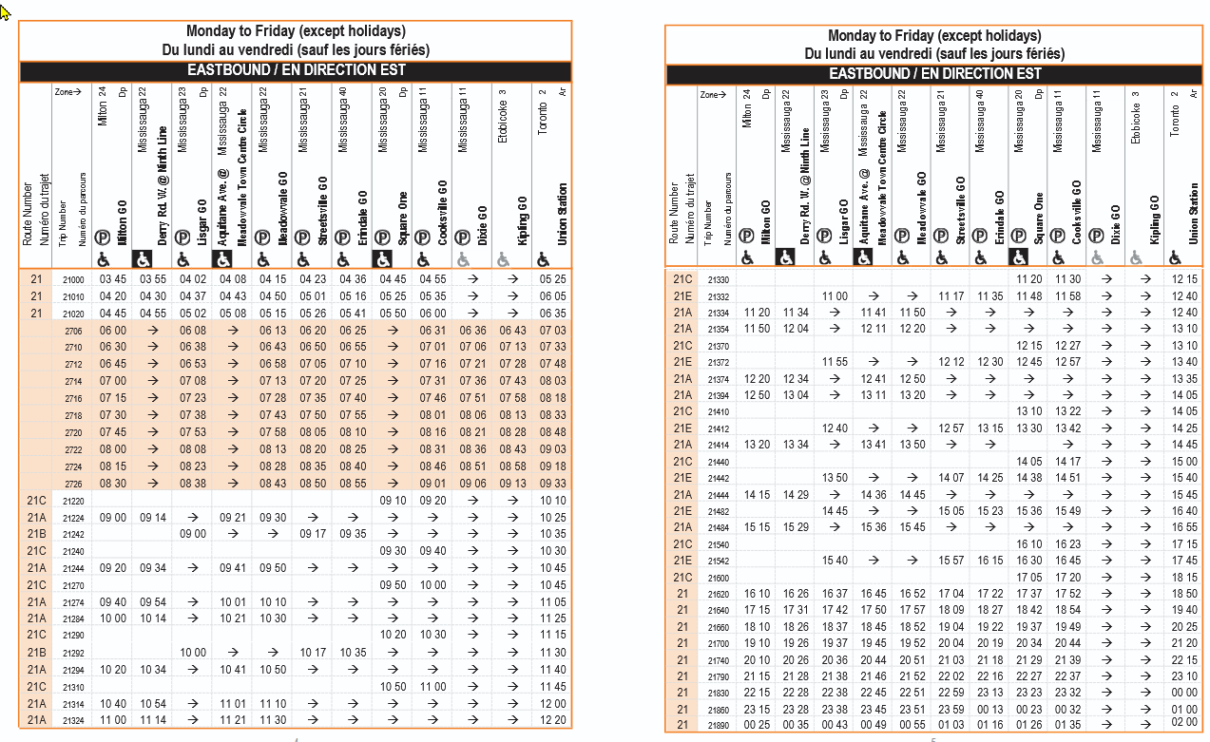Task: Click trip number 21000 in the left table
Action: [73, 279]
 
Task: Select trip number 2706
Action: [73, 330]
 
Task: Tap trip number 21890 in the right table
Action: [719, 725]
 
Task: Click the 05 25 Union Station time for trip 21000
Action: [552, 279]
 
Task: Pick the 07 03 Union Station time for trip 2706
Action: [552, 330]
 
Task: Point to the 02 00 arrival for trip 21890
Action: [1184, 722]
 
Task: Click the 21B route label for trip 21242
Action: [36, 534]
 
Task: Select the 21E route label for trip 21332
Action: [682, 296]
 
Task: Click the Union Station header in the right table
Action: [1193, 214]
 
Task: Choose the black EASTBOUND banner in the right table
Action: [935, 74]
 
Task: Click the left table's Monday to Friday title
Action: [296, 31]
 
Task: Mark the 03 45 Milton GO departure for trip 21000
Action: [112, 279]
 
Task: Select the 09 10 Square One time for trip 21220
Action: [393, 500]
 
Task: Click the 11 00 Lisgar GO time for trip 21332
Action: [835, 296]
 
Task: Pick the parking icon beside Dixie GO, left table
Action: [463, 237]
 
